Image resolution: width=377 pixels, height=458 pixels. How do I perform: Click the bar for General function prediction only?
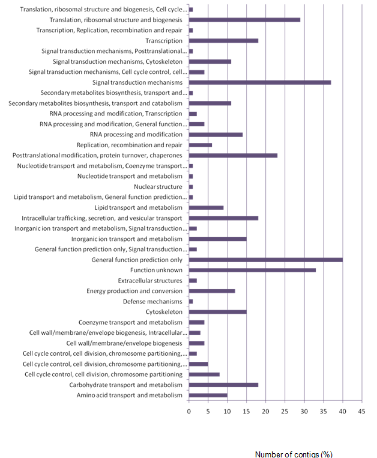[266, 260]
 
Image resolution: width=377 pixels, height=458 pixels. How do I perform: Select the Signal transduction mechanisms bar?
[260, 82]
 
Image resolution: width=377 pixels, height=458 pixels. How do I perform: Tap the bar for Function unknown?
[252, 270]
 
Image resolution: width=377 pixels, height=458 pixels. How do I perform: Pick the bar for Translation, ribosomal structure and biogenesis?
[244, 20]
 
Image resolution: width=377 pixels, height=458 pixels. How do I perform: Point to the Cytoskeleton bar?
[218, 312]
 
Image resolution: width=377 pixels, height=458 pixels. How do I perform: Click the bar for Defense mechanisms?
[191, 302]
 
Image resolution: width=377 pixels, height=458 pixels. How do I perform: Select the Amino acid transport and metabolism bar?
[208, 395]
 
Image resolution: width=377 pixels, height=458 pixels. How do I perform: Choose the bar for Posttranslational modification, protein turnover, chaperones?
[233, 156]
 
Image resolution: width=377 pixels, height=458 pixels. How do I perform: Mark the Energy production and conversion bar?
[212, 291]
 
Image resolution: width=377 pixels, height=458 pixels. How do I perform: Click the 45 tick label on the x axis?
[361, 412]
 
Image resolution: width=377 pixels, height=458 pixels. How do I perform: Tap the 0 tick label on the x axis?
[188, 412]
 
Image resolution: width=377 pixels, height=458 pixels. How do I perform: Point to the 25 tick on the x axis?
[285, 412]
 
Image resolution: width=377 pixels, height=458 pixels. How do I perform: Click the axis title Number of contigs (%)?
[294, 454]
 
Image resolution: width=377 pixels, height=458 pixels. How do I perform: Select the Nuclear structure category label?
[158, 187]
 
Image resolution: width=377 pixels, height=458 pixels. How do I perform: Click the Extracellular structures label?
[150, 281]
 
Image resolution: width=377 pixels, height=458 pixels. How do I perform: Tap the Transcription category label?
[164, 41]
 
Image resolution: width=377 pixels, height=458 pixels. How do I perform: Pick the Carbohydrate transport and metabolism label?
[125, 385]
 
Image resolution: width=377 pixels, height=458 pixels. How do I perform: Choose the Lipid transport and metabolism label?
[138, 208]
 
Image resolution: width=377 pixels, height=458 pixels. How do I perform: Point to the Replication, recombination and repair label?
[129, 145]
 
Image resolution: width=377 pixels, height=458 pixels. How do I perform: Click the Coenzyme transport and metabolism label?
[130, 323]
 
